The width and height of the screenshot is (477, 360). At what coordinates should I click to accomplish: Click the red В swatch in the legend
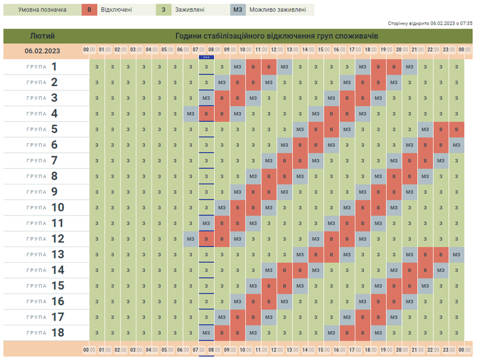coord(89,10)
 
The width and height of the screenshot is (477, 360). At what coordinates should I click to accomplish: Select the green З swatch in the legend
coord(163,10)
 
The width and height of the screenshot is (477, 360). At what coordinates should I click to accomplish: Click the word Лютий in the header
coord(42,36)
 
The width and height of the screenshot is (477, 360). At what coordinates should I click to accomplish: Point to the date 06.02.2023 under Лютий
coord(42,51)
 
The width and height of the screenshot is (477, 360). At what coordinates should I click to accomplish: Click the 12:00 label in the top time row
coord(277,50)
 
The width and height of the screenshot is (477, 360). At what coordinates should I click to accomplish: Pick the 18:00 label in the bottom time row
coord(370,350)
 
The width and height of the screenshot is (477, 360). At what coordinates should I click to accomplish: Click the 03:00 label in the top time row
coord(136,50)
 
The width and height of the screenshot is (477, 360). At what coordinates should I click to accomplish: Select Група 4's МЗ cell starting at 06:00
coord(190,113)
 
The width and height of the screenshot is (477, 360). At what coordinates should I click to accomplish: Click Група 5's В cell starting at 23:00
coord(457,129)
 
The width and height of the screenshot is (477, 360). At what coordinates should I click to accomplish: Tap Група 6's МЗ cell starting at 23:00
coord(457,144)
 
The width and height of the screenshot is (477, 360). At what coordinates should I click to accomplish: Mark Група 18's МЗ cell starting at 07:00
coord(206,333)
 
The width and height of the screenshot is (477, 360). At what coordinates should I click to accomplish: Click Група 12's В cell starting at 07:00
coord(206,239)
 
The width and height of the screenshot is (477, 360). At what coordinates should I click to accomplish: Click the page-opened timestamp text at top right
coord(430,23)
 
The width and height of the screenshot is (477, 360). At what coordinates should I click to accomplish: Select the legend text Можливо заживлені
coord(278,10)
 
